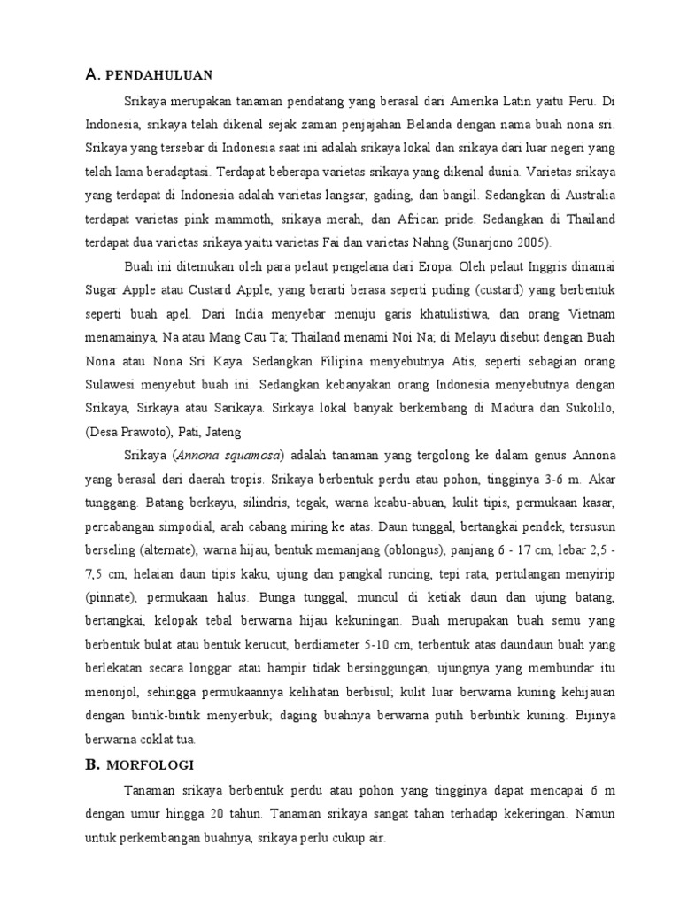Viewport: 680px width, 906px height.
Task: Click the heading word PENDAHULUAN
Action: click(x=169, y=76)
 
